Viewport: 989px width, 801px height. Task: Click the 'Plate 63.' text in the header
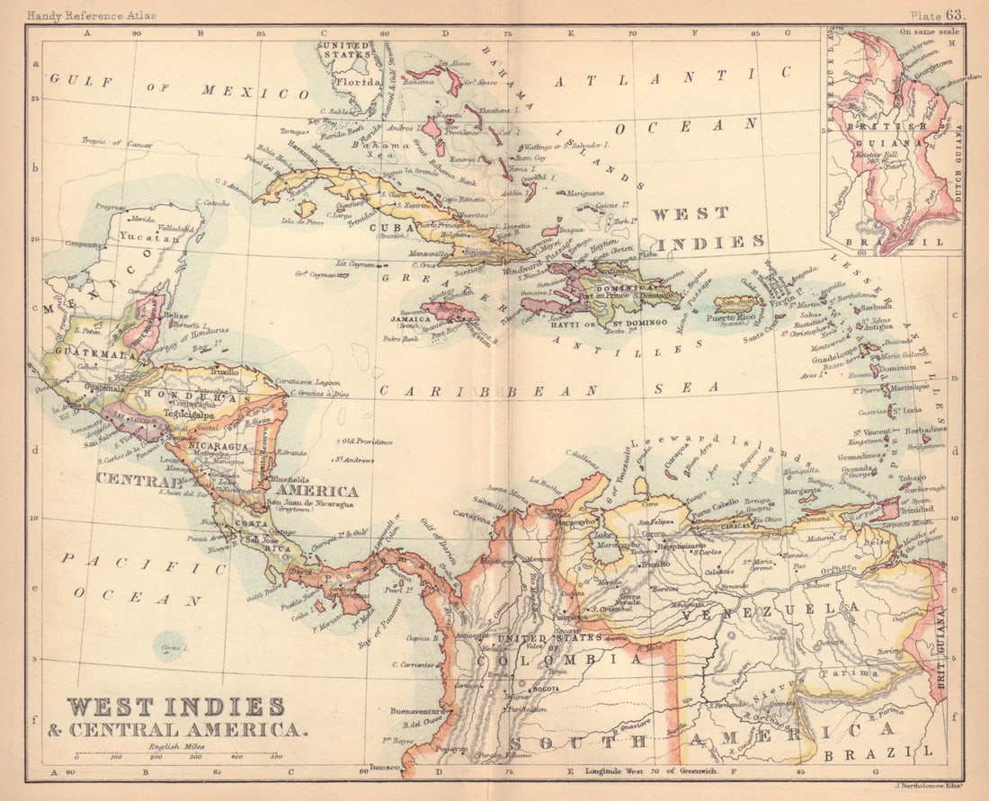coord(937,14)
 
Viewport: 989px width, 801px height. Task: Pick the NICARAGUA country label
coord(215,446)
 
